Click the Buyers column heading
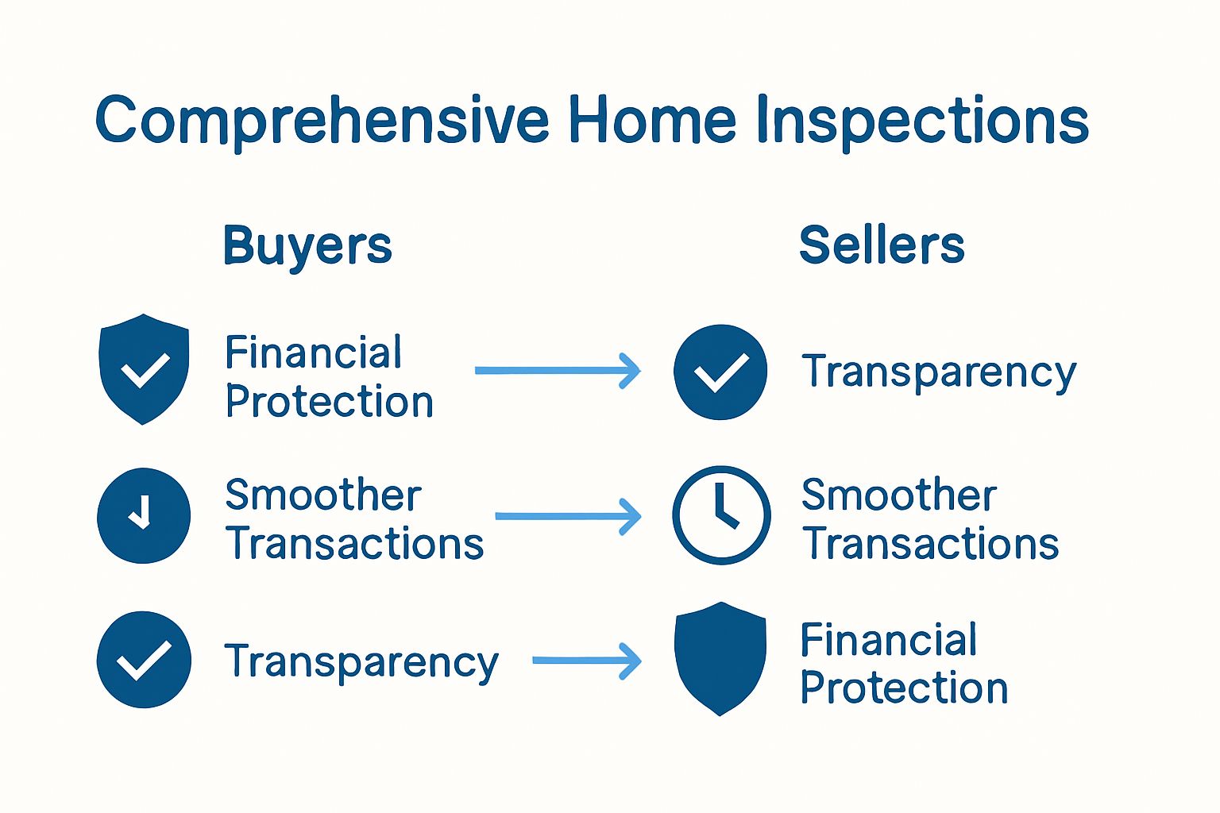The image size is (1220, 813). point(307,247)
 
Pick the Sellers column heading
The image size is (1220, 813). point(881,245)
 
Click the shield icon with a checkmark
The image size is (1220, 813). point(144,368)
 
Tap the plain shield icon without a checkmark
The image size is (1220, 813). point(720,658)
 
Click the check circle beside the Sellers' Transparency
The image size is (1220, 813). point(720,372)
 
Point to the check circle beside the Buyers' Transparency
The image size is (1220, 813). point(144,660)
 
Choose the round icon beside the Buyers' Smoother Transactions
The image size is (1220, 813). point(144,515)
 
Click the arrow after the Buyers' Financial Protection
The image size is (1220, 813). point(558,370)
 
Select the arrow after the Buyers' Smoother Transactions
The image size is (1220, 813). point(568,516)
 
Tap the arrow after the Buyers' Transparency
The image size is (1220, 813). point(587,661)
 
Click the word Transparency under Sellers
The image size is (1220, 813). point(939,373)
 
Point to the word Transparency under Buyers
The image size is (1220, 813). point(361,663)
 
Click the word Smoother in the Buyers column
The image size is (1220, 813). point(323,495)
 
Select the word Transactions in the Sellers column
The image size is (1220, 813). point(930,543)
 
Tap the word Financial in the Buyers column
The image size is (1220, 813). point(313,352)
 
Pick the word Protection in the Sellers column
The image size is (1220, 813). point(904,688)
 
